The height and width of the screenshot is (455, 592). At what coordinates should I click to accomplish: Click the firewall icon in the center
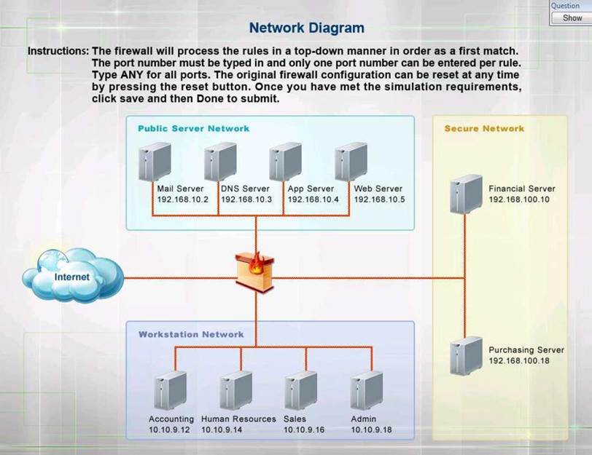[256, 272]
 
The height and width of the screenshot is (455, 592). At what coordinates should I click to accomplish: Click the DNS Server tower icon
[220, 162]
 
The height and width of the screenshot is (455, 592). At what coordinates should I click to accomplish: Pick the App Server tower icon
[285, 162]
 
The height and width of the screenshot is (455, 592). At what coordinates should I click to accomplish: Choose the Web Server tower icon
[350, 162]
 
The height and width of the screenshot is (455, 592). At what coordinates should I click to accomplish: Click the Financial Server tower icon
[466, 194]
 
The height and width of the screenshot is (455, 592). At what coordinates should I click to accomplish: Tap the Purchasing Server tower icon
[466, 355]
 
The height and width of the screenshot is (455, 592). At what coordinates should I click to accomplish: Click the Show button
[572, 17]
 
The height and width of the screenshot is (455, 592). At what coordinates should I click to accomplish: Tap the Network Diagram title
[306, 28]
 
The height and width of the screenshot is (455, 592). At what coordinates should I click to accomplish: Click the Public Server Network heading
[193, 128]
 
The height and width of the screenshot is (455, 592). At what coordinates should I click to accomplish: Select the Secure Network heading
[484, 129]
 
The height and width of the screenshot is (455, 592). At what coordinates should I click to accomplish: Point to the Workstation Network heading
[191, 335]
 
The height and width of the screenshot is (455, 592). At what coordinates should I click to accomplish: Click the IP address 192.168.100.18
[518, 360]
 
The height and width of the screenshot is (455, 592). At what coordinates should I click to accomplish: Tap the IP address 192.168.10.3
[246, 199]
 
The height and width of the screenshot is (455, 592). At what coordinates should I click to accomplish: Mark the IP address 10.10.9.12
[169, 430]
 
